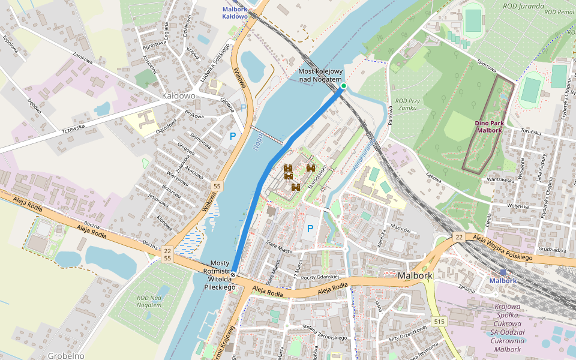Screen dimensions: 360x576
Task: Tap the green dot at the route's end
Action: click(x=344, y=86)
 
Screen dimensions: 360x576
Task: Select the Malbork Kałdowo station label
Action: click(x=235, y=13)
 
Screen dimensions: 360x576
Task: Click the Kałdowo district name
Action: click(x=179, y=95)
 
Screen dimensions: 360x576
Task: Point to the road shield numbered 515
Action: click(x=440, y=322)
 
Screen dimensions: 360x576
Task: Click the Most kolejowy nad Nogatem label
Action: click(x=320, y=76)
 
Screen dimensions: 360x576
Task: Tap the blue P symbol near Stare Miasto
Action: click(x=310, y=229)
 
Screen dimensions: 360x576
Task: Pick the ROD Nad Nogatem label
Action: click(x=149, y=301)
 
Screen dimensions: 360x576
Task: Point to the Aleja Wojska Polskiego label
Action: click(x=503, y=248)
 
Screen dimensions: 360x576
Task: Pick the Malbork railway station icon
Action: click(x=502, y=272)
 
